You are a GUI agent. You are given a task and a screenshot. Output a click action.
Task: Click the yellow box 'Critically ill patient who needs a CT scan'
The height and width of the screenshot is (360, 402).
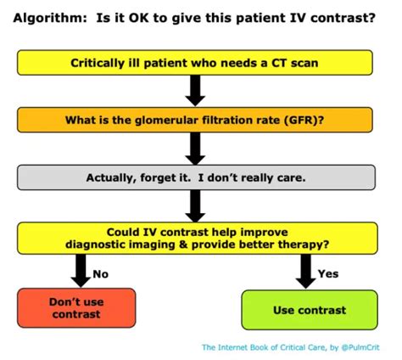pos(195,63)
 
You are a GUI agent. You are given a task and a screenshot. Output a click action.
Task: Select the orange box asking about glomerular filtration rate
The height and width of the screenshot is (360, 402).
pos(195,120)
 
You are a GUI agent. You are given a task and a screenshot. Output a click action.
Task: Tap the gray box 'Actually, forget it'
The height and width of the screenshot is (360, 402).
pos(195,177)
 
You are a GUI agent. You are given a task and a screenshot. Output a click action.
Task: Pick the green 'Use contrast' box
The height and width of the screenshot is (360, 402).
pos(309,310)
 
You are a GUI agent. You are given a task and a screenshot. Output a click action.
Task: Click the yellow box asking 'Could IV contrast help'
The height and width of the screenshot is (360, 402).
pos(195,239)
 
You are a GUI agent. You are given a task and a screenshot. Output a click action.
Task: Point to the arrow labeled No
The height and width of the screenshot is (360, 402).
pos(80,271)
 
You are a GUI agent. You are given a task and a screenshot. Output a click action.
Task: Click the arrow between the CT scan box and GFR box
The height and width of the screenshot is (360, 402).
pos(195,90)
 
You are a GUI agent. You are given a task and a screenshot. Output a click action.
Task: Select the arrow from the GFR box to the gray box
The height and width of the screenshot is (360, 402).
pos(195,148)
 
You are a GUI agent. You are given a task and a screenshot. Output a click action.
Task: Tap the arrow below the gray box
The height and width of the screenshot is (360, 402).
pos(195,205)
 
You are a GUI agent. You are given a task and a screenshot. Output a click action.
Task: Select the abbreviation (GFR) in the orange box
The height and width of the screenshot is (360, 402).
pos(304,120)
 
